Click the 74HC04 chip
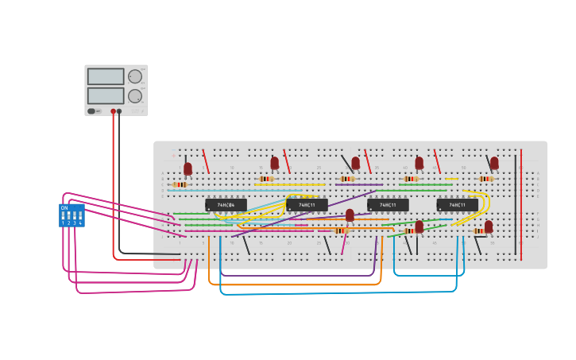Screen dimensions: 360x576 (x=226, y=205)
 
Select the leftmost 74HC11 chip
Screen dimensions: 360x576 (x=307, y=205)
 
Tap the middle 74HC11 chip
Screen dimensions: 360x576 (x=388, y=205)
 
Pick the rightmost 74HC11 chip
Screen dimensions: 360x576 (x=458, y=205)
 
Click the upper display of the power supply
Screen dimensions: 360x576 (x=106, y=76)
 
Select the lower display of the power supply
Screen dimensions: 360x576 (x=106, y=95)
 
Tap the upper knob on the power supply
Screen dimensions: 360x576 (x=135, y=77)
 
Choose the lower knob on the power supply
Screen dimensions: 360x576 (x=135, y=96)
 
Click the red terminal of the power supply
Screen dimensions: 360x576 (x=113, y=111)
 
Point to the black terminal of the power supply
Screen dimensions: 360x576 (x=119, y=111)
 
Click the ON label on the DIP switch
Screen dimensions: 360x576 (x=64, y=207)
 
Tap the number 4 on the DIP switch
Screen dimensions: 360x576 (x=80, y=223)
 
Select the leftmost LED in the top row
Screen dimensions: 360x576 (x=187, y=168)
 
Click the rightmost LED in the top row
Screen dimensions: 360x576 (x=494, y=163)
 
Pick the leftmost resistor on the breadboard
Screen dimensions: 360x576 (x=180, y=184)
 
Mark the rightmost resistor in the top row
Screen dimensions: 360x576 (x=485, y=179)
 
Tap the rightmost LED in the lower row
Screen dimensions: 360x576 (x=489, y=226)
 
